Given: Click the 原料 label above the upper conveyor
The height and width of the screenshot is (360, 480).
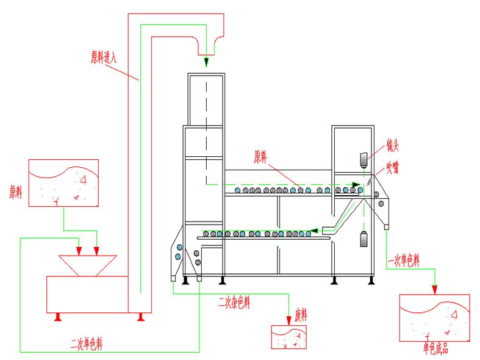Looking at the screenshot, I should (x=261, y=157).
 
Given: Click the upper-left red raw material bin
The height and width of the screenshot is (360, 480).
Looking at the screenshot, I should (x=63, y=182).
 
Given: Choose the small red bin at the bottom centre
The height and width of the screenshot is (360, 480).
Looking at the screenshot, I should (x=288, y=337).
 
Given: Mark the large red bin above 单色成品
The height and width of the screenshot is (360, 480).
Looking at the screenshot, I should (x=434, y=317).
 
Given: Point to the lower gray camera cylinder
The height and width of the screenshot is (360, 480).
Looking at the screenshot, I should (x=364, y=240).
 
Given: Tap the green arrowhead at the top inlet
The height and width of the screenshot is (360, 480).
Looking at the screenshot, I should (x=206, y=62).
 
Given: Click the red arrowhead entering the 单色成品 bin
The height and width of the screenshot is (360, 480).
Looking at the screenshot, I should (x=434, y=289).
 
